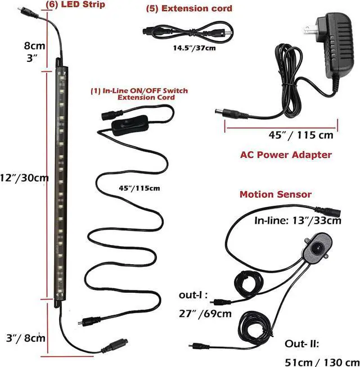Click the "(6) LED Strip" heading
(75, 4)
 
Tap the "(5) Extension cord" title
(189, 8)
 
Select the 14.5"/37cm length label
(194, 48)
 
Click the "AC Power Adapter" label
(286, 155)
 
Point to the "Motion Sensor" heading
(276, 194)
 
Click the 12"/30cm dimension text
(24, 178)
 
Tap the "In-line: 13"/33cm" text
(298, 220)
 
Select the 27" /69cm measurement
(205, 314)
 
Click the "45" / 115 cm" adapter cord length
(301, 135)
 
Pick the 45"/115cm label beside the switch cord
(139, 188)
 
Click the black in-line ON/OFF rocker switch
(130, 125)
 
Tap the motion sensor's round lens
(317, 247)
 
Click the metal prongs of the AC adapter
(310, 29)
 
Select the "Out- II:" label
(302, 344)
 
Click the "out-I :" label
(193, 295)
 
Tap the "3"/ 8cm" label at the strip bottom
(25, 338)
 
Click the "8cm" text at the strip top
(34, 46)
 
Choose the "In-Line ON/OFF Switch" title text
(139, 91)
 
